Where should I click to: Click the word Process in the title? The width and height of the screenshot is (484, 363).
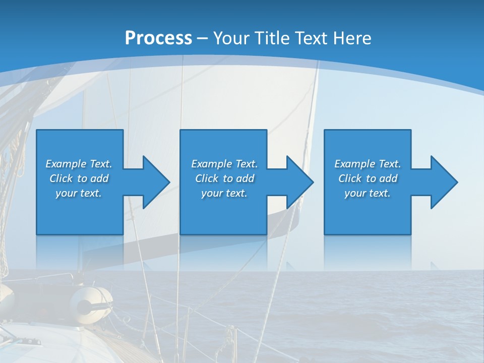[x=158, y=38]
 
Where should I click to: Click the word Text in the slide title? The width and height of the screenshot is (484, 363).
[x=311, y=38]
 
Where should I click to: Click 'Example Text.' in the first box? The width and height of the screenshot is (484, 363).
[x=79, y=164]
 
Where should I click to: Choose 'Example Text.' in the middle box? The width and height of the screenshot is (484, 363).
[x=224, y=164]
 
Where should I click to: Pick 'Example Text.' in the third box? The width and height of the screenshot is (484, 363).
[x=367, y=164]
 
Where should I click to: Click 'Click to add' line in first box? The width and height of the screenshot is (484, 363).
[x=79, y=178]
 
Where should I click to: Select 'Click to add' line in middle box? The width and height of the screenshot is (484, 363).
[x=224, y=178]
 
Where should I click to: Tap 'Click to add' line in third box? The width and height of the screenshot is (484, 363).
[x=367, y=178]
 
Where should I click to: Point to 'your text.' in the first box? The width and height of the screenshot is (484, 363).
[x=79, y=193]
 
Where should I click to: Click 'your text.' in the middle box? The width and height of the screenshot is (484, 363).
[x=224, y=193]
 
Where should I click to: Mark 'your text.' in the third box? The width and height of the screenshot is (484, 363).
[x=367, y=193]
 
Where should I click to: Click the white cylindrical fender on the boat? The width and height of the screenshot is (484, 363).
[x=91, y=301]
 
